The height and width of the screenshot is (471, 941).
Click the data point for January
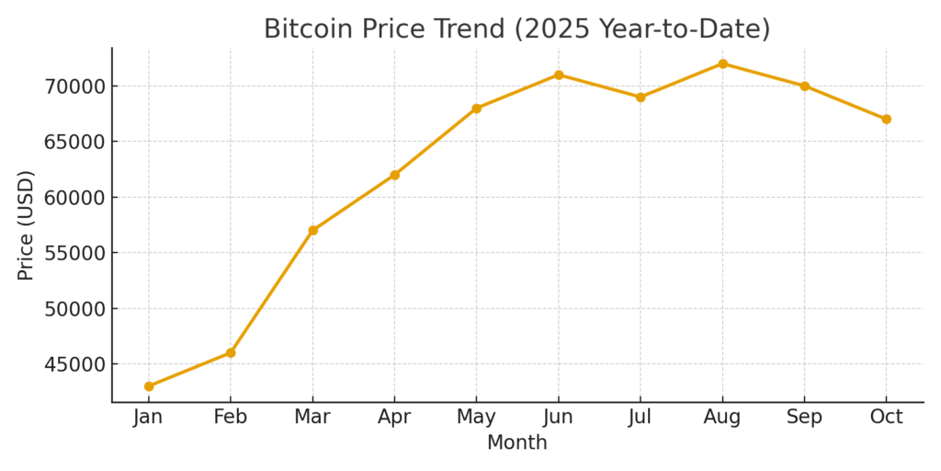(149, 386)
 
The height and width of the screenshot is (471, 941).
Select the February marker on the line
(231, 352)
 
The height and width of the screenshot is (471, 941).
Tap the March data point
(312, 230)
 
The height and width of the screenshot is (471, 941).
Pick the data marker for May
(476, 109)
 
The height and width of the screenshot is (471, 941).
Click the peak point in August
(722, 63)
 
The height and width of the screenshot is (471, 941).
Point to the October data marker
(886, 119)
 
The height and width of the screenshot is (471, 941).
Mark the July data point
(641, 97)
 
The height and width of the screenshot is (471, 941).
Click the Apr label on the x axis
(394, 417)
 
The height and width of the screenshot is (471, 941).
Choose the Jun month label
(558, 417)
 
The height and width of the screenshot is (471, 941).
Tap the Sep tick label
(804, 417)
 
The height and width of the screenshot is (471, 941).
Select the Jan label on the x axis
(149, 417)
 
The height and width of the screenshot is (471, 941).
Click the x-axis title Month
(517, 442)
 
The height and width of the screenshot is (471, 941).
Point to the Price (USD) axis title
(26, 225)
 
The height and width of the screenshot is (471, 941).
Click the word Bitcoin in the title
(306, 29)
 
